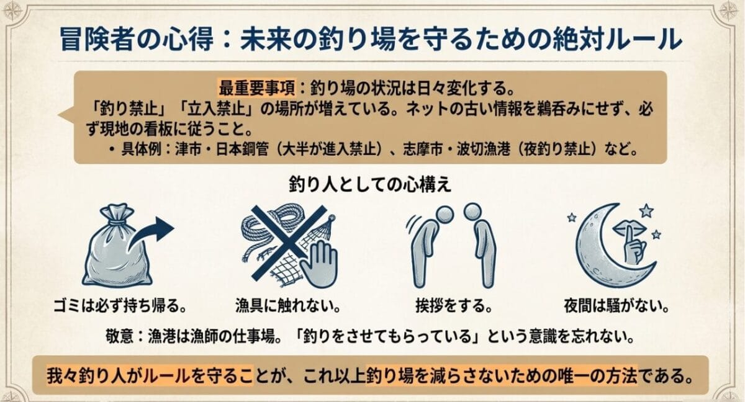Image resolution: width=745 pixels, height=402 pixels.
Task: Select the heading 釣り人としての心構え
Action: pyautogui.click(x=371, y=185)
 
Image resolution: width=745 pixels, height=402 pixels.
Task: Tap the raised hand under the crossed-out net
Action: pyautogui.click(x=317, y=263)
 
